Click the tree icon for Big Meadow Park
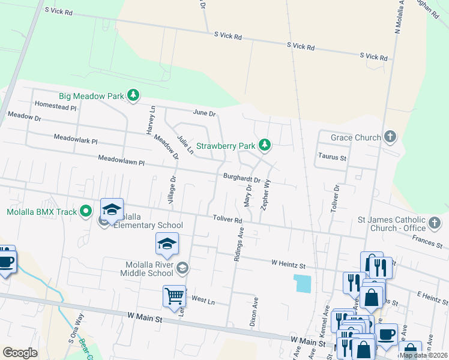(133, 95)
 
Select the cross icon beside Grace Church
(390, 137)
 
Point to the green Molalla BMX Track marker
(86, 211)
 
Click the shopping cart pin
(174, 296)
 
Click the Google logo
(20, 353)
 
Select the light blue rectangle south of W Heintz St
(303, 283)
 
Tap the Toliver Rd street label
(227, 220)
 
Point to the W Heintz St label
(288, 263)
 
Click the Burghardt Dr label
(242, 178)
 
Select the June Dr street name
(204, 113)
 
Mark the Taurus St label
(332, 157)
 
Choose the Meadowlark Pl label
(75, 138)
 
